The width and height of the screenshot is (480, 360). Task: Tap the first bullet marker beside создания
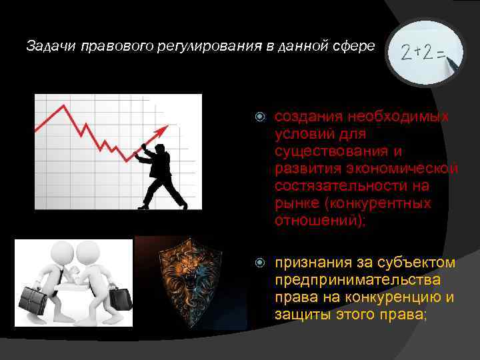(x=261, y=117)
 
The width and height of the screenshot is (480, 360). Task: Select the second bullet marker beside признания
(x=261, y=263)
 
